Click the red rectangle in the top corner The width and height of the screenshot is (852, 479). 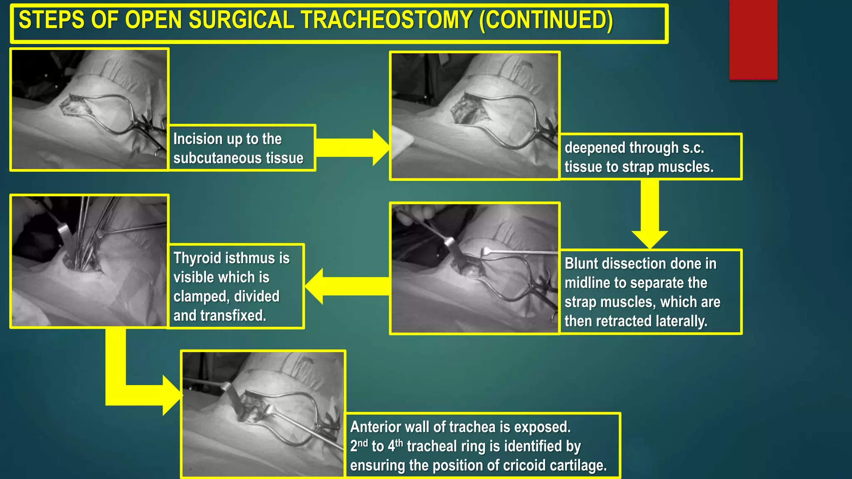point(753,40)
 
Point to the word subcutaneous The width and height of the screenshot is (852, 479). point(220,158)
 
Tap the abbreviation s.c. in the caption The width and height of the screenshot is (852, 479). point(693,148)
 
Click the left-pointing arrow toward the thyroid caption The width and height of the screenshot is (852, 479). point(347,286)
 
